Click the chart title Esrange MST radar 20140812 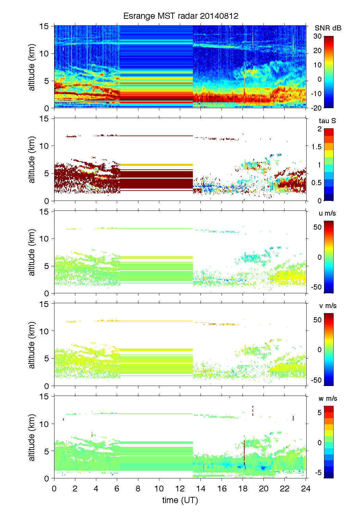point(181,16)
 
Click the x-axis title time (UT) point(180,500)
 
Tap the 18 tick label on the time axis point(243,488)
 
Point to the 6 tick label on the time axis point(117,488)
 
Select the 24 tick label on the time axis point(306,488)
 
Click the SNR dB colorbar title point(328,28)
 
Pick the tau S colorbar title point(327,121)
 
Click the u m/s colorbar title point(327,213)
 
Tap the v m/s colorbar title point(327,306)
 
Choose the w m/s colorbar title point(327,398)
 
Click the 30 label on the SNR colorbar point(318,36)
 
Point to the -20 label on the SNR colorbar point(316,108)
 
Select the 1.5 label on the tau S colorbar point(316,147)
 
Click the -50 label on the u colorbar point(316,287)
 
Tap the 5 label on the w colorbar point(319,413)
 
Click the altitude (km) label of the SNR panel point(32,67)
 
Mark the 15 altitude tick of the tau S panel point(45,119)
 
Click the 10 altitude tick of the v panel point(45,331)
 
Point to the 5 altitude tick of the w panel point(47,451)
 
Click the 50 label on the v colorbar point(318,320)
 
